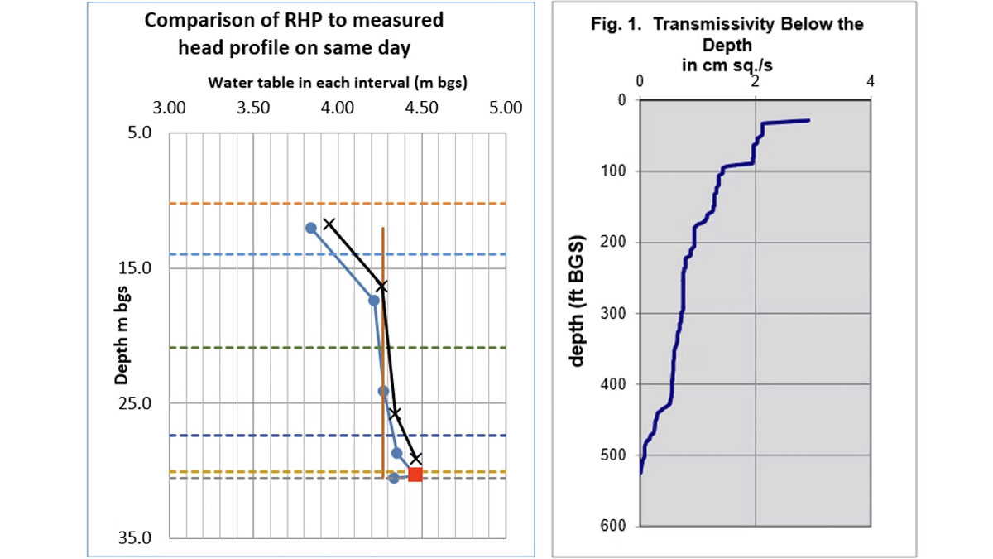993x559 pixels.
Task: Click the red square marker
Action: pyautogui.click(x=415, y=475)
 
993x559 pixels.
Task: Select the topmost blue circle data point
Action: pyautogui.click(x=311, y=228)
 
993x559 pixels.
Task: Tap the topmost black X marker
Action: pyautogui.click(x=329, y=224)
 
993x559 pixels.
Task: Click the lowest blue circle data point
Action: pyautogui.click(x=394, y=479)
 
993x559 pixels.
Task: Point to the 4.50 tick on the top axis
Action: pyautogui.click(x=421, y=108)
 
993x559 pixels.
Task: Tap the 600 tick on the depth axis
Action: pyautogui.click(x=616, y=527)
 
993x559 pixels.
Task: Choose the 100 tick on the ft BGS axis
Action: pyautogui.click(x=616, y=171)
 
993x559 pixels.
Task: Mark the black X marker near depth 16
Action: pyautogui.click(x=382, y=286)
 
